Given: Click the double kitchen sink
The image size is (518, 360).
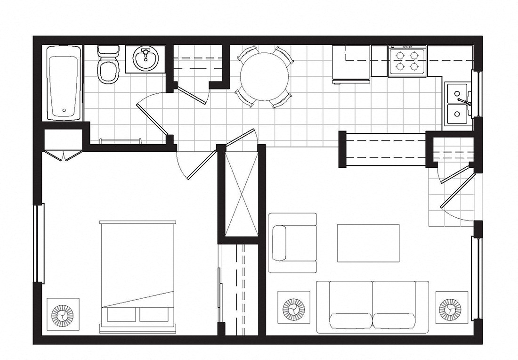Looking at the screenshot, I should pyautogui.click(x=457, y=105).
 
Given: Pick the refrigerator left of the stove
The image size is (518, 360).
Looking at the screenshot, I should pyautogui.click(x=351, y=63).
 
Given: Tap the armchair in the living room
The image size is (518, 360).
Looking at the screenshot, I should pyautogui.click(x=292, y=243).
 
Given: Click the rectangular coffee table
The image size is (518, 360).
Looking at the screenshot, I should pyautogui.click(x=368, y=243).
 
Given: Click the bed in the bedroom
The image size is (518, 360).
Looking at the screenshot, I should pyautogui.click(x=138, y=276).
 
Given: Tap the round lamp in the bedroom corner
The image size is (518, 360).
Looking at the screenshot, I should pyautogui.click(x=62, y=312).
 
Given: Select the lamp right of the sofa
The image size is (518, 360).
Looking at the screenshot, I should pyautogui.click(x=450, y=309).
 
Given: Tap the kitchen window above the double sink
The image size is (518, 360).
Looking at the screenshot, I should pyautogui.click(x=477, y=94).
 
